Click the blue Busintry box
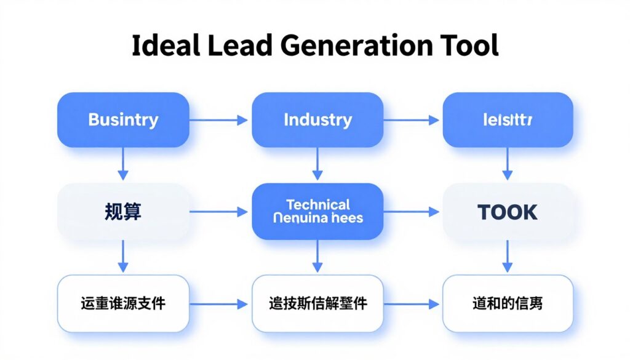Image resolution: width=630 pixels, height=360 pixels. (123, 119)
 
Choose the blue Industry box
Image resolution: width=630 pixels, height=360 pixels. (317, 119)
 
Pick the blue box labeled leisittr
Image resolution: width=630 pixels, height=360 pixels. (508, 119)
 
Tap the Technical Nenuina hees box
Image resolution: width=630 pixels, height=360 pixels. (317, 211)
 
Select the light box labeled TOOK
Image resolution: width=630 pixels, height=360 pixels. (508, 212)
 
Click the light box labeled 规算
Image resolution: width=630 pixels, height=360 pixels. (123, 212)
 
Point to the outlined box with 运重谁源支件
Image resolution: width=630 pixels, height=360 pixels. (123, 303)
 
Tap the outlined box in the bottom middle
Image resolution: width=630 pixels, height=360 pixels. (317, 303)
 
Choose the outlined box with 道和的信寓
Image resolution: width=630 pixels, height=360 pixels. (508, 303)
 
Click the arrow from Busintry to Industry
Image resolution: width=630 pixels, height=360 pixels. (220, 120)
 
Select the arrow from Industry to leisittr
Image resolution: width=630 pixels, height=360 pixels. (413, 120)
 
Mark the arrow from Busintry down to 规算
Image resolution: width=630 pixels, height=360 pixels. (123, 164)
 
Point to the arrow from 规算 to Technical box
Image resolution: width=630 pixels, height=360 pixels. (220, 212)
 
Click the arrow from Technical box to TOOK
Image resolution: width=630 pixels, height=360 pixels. (413, 212)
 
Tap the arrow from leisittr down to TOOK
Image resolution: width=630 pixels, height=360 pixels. (508, 164)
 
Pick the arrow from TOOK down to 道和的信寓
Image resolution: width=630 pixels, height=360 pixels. (508, 256)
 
